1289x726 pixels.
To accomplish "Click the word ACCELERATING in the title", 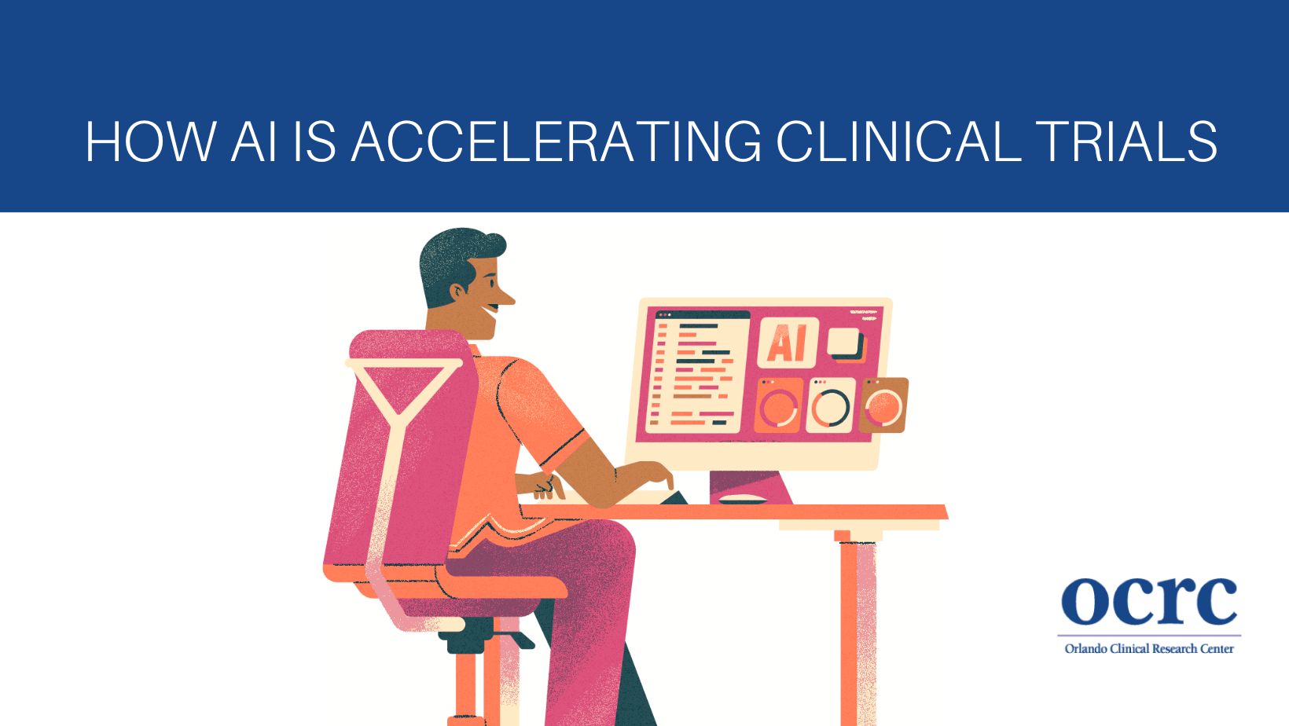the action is click(557, 141).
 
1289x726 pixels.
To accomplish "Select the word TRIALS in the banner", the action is click(1129, 141).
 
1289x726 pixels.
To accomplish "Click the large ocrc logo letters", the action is click(1149, 601).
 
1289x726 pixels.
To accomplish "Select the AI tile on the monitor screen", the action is click(788, 343).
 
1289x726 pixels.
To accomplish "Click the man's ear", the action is click(458, 291).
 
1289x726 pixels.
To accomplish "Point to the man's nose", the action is click(505, 297).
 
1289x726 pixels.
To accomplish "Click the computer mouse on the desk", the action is click(742, 499).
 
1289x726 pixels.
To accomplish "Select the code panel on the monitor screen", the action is click(697, 372).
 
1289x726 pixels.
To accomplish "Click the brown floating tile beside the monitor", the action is click(883, 405).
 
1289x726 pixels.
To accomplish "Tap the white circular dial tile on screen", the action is click(830, 405).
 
